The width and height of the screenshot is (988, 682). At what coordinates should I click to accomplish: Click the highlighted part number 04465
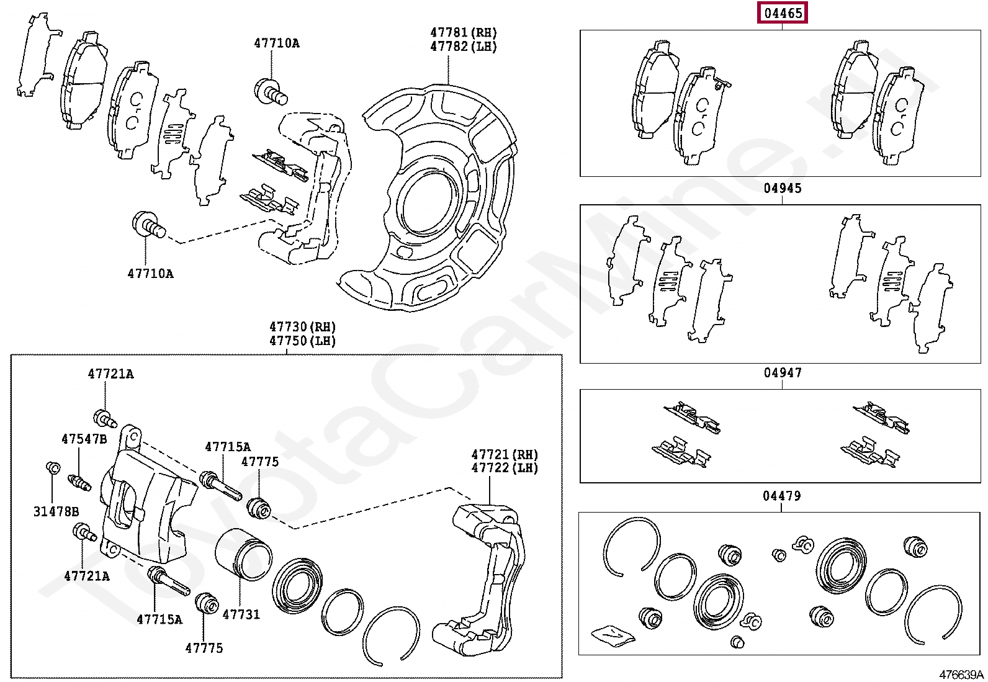point(783,12)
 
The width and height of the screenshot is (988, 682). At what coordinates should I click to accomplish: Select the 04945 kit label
point(783,188)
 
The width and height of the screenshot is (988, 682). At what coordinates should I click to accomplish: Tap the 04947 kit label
point(783,372)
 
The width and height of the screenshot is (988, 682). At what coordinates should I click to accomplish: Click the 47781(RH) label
point(464,32)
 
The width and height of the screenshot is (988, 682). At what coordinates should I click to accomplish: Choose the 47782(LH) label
point(464,47)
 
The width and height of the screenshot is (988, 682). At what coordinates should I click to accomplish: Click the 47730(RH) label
point(302,326)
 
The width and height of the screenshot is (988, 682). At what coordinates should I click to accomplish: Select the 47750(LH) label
point(302,341)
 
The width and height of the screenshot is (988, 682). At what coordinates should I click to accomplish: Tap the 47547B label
point(84,439)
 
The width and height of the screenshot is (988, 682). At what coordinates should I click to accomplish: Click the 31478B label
point(56,511)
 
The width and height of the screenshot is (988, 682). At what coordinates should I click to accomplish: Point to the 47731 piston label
point(241,614)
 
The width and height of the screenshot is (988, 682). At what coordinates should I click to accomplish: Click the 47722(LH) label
point(505,469)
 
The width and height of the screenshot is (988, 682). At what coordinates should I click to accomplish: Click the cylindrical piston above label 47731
point(243,554)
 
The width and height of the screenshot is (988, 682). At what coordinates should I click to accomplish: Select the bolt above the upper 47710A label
point(270,91)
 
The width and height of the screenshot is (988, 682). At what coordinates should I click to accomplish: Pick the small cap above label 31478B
point(53,467)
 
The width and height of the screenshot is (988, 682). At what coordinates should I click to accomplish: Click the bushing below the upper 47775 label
point(259,508)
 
